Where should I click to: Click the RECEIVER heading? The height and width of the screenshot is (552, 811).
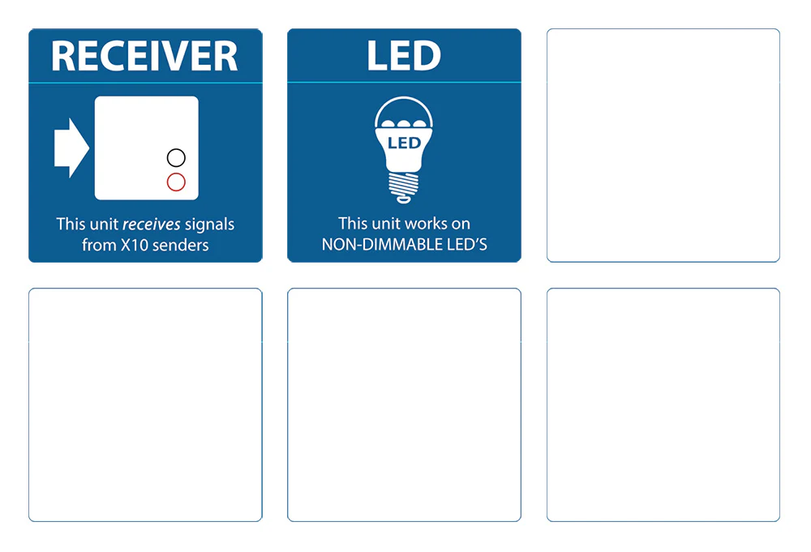[x=144, y=57]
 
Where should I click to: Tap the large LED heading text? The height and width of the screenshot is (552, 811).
[x=404, y=57]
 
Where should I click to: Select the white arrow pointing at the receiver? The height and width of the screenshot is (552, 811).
[x=71, y=148]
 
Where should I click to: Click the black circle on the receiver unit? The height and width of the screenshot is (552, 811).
[x=176, y=157]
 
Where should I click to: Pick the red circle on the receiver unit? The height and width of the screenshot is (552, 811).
[x=176, y=182]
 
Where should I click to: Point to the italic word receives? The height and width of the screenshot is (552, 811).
[x=152, y=224]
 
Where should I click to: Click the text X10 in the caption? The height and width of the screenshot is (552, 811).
[x=132, y=244]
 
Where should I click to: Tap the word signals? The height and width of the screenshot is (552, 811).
[x=210, y=224]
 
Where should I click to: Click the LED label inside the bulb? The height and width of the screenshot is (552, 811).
[x=404, y=143]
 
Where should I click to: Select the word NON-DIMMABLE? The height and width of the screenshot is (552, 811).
[x=374, y=244]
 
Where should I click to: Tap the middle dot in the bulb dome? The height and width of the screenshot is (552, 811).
[x=404, y=122]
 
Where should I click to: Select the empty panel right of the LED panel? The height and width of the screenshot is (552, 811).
[x=663, y=146]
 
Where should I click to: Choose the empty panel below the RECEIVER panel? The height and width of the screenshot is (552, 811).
[x=145, y=404]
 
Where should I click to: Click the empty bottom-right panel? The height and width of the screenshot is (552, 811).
[x=663, y=404]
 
